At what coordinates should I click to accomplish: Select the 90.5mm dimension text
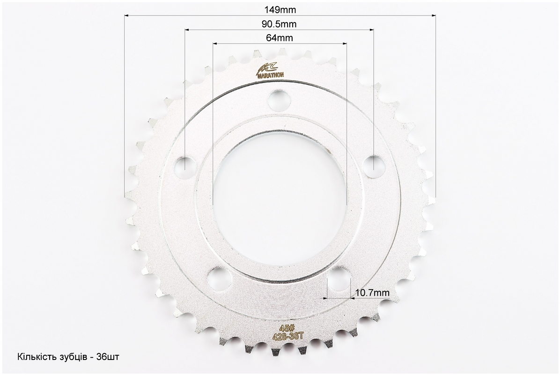point(279,24)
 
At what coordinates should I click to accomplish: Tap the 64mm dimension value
point(279,37)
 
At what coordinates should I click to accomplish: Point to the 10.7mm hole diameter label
point(372,293)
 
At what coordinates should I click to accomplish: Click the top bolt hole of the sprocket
point(280,100)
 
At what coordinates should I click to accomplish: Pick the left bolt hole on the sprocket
point(186,166)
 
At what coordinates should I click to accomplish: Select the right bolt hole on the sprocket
point(374,166)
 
